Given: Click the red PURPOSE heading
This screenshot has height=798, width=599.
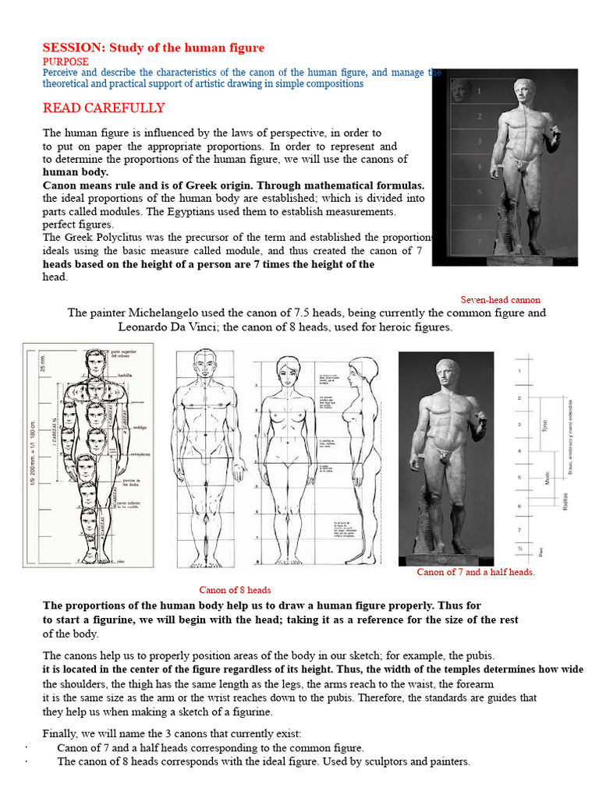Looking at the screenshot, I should pyautogui.click(x=66, y=62).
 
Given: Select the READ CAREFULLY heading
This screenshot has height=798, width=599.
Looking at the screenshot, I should pyautogui.click(x=104, y=108).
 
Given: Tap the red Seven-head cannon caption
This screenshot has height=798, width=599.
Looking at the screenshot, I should pyautogui.click(x=500, y=299).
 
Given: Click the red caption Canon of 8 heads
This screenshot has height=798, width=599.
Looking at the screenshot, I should pyautogui.click(x=235, y=590).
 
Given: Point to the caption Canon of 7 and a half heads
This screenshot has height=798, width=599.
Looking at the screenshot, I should pyautogui.click(x=476, y=572).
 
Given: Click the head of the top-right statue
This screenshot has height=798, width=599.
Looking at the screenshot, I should pyautogui.click(x=521, y=90).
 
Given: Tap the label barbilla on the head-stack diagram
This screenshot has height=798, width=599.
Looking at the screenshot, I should pyautogui.click(x=125, y=373).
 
